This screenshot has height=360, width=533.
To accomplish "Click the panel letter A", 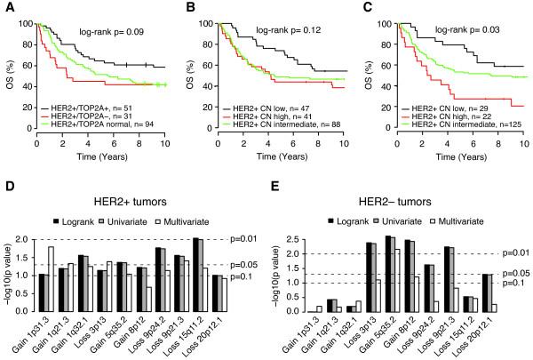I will [x=7, y=7].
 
